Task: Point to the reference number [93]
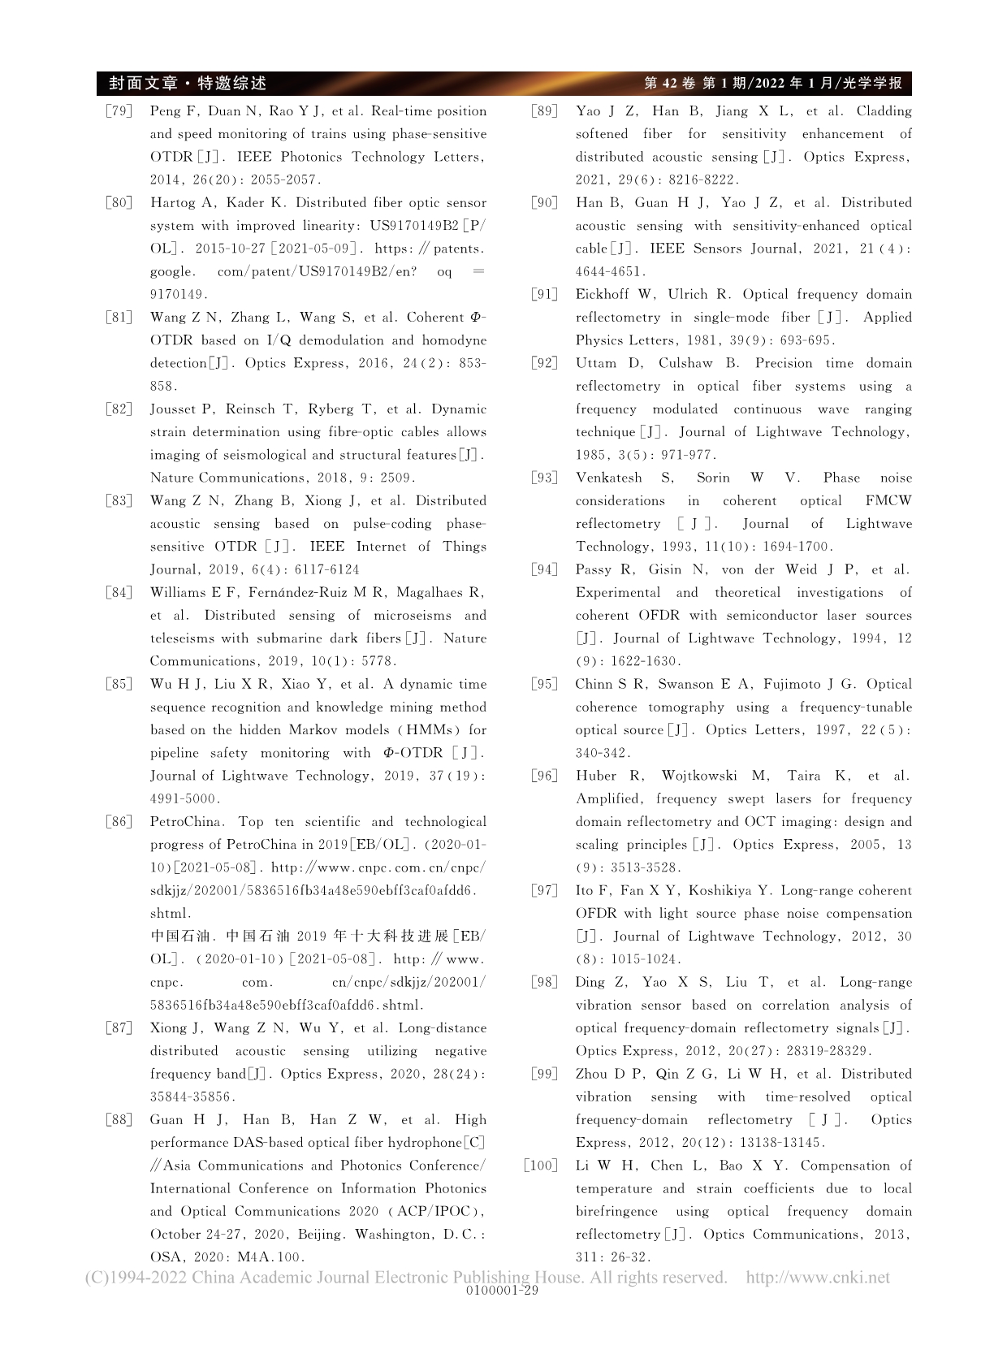click(x=544, y=478)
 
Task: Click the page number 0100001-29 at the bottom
click(x=503, y=1291)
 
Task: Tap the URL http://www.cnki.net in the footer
click(x=818, y=1278)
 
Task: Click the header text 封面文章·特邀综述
click(x=188, y=84)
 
